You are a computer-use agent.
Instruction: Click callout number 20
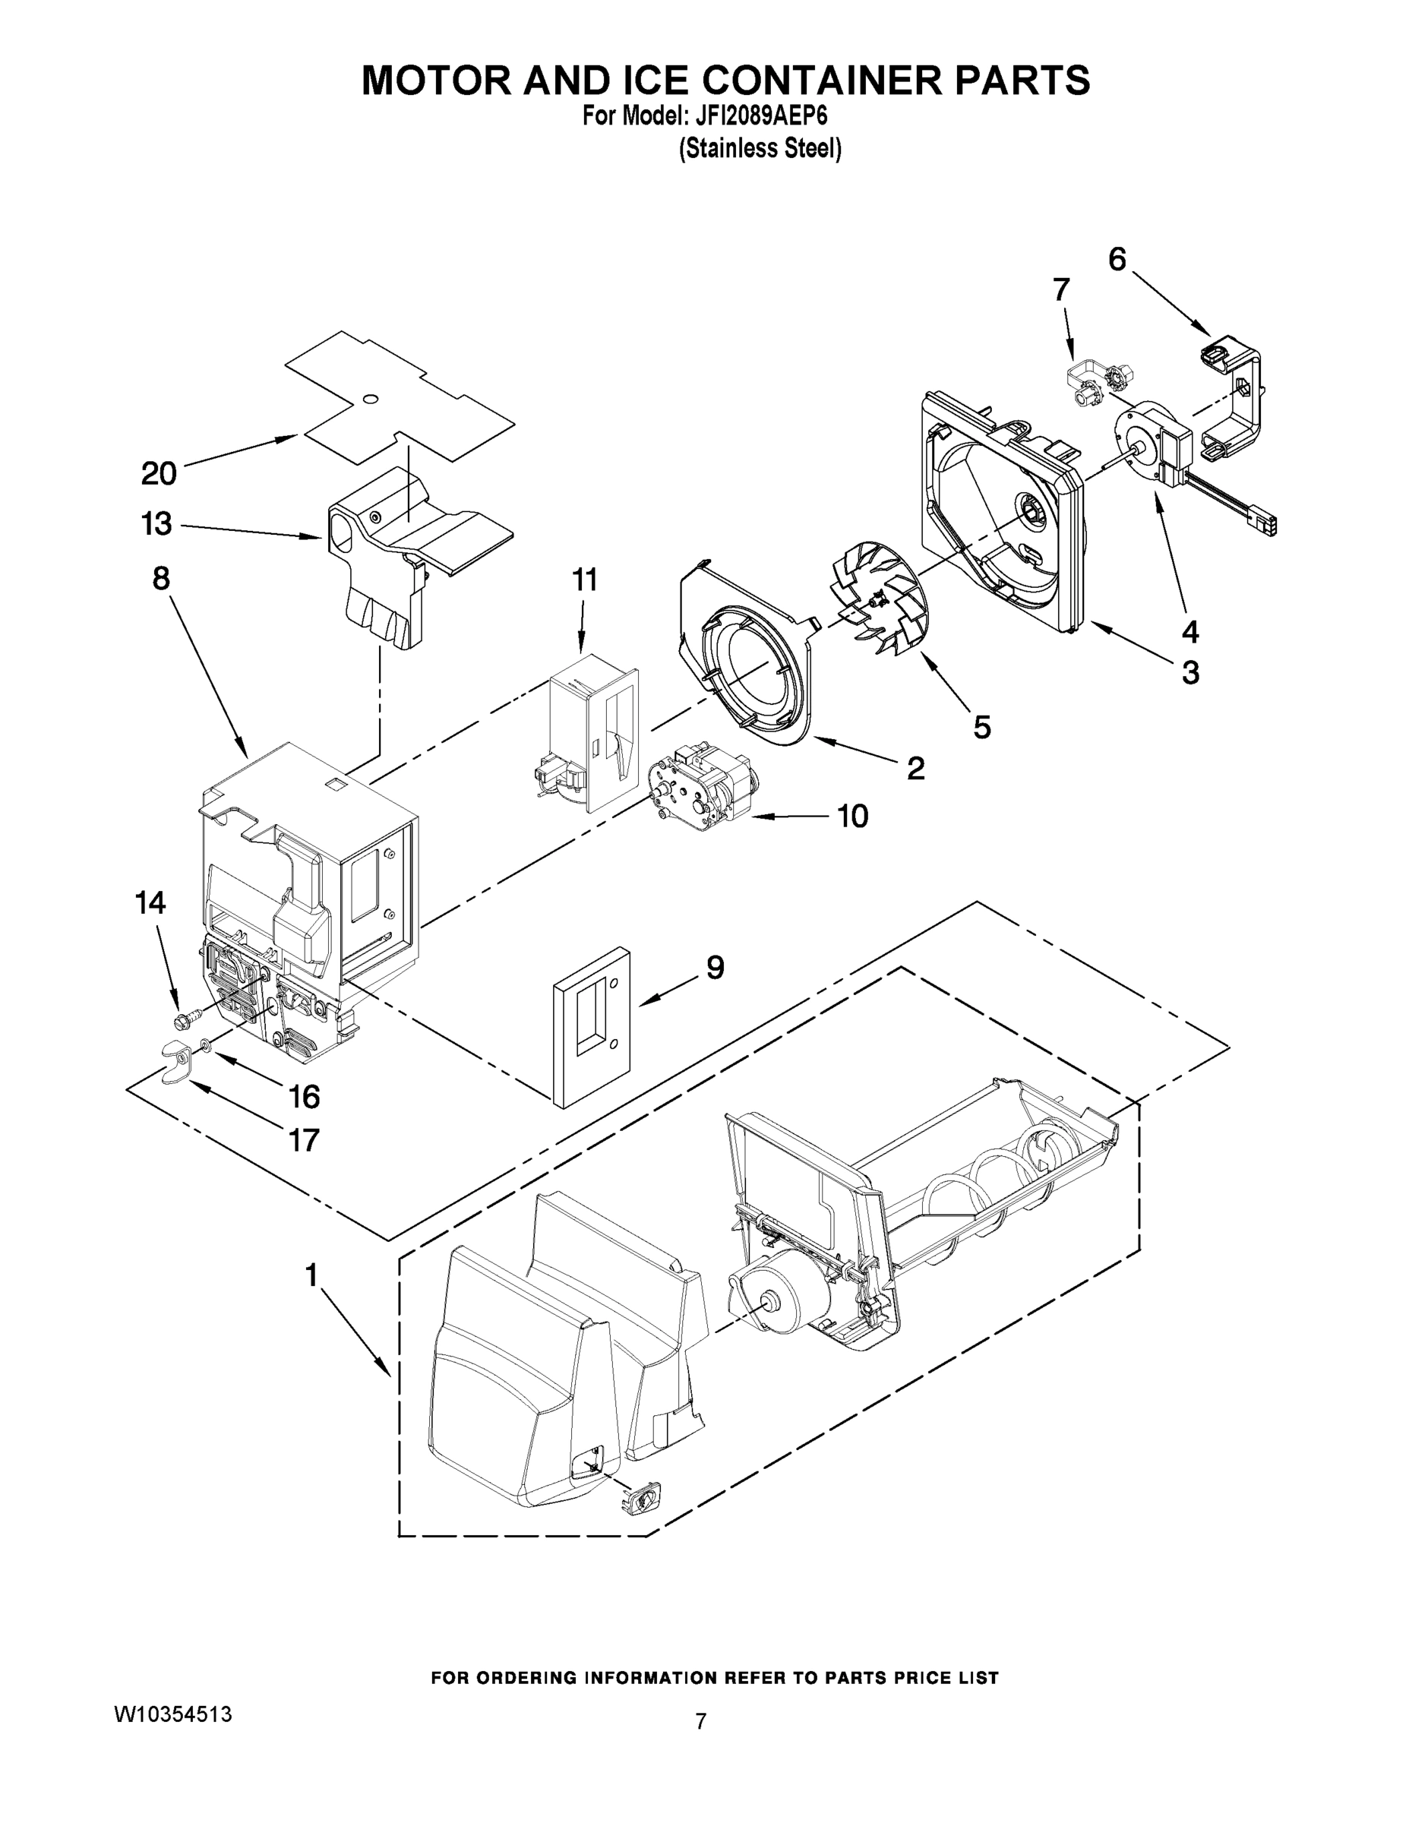(x=159, y=473)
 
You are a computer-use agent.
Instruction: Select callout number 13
(x=156, y=524)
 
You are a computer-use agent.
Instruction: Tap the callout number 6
(x=1117, y=260)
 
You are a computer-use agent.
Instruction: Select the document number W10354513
(x=172, y=1714)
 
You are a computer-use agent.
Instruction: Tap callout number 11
(x=584, y=580)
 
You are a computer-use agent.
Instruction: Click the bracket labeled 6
(x=1235, y=400)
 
